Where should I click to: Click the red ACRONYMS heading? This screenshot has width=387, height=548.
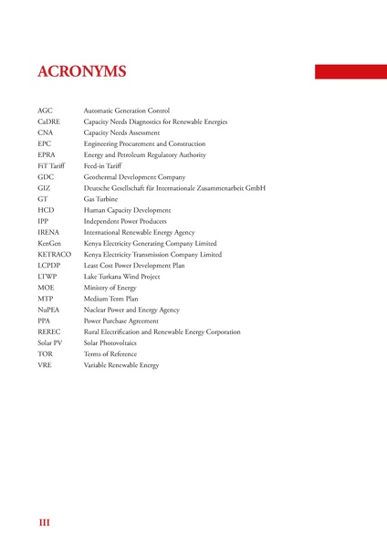(82, 72)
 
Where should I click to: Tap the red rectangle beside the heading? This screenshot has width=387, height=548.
(350, 71)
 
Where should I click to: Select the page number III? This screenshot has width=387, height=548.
(44, 522)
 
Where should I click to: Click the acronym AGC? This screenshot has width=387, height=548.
(46, 111)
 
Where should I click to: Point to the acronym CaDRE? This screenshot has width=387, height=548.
(49, 121)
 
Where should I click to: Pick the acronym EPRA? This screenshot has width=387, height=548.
(47, 154)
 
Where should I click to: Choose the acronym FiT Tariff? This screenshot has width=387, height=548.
(52, 165)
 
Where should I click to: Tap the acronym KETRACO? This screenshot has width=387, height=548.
(55, 254)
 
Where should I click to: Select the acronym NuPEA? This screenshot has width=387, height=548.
(49, 310)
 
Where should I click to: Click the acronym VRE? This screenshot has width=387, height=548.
(45, 364)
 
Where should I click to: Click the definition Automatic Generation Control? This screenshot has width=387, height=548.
(127, 111)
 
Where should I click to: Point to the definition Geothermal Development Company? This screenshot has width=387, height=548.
(134, 176)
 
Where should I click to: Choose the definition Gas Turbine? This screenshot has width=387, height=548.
(101, 198)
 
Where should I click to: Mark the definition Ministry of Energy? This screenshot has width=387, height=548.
(111, 287)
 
